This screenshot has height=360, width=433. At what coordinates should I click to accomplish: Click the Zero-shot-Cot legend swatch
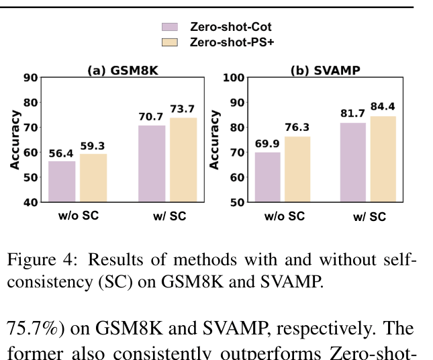(x=170, y=27)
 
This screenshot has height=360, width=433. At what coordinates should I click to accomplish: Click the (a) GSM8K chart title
(x=123, y=71)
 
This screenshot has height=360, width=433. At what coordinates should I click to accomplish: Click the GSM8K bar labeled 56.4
(x=62, y=181)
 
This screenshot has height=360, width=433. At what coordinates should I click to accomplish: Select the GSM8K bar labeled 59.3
(x=93, y=177)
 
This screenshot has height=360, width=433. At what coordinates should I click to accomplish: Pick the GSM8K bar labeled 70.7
(x=152, y=163)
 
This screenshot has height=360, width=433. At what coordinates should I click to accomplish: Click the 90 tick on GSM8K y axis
(x=31, y=77)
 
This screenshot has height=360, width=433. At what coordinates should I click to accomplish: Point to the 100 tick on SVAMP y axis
(x=232, y=77)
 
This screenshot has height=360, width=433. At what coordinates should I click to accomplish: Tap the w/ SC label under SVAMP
(x=370, y=216)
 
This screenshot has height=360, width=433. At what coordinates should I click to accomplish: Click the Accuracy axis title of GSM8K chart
(x=14, y=139)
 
